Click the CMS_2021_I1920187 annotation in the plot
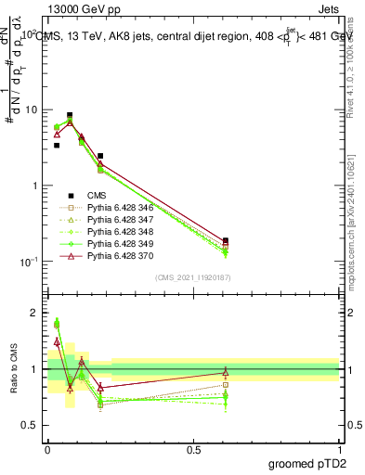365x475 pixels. coord(194,277)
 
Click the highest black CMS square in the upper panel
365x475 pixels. coord(70,116)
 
